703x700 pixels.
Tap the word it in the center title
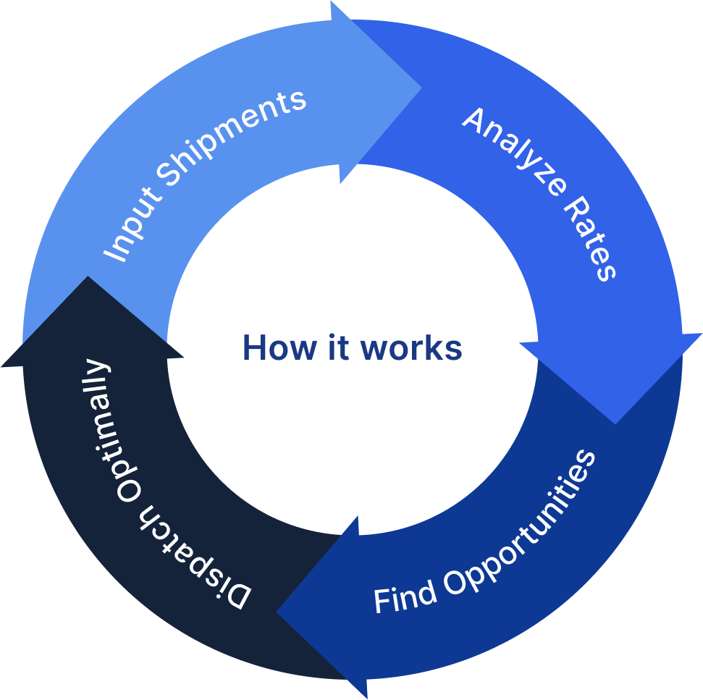click(x=337, y=348)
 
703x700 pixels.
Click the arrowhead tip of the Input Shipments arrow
click(x=420, y=88)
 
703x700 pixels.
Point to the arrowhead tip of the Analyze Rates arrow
click(x=615, y=423)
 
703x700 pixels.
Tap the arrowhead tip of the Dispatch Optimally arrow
click(x=88, y=278)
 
